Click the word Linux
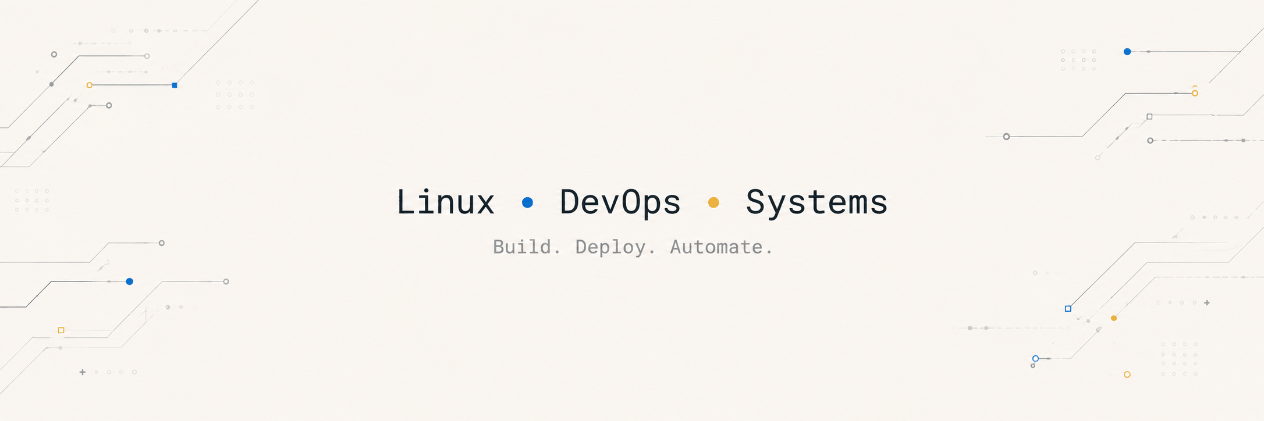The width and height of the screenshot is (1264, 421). click(x=445, y=202)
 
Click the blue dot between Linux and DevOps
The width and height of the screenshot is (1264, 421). click(x=527, y=202)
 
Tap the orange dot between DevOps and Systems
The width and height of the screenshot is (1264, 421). click(x=713, y=202)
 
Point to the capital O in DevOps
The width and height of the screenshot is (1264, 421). click(x=631, y=202)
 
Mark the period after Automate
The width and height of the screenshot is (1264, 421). click(x=769, y=252)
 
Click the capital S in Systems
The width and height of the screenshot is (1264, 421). click(x=755, y=202)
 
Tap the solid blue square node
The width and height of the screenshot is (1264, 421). click(x=175, y=85)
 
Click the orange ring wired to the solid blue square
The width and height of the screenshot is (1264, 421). click(x=90, y=85)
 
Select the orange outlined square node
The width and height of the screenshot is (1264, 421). click(x=61, y=330)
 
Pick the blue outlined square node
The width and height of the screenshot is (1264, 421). click(x=1068, y=309)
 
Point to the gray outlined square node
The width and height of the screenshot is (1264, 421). click(x=1149, y=117)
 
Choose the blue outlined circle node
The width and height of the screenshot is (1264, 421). click(x=1035, y=359)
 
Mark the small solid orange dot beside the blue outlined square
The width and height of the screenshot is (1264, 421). click(x=1114, y=318)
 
